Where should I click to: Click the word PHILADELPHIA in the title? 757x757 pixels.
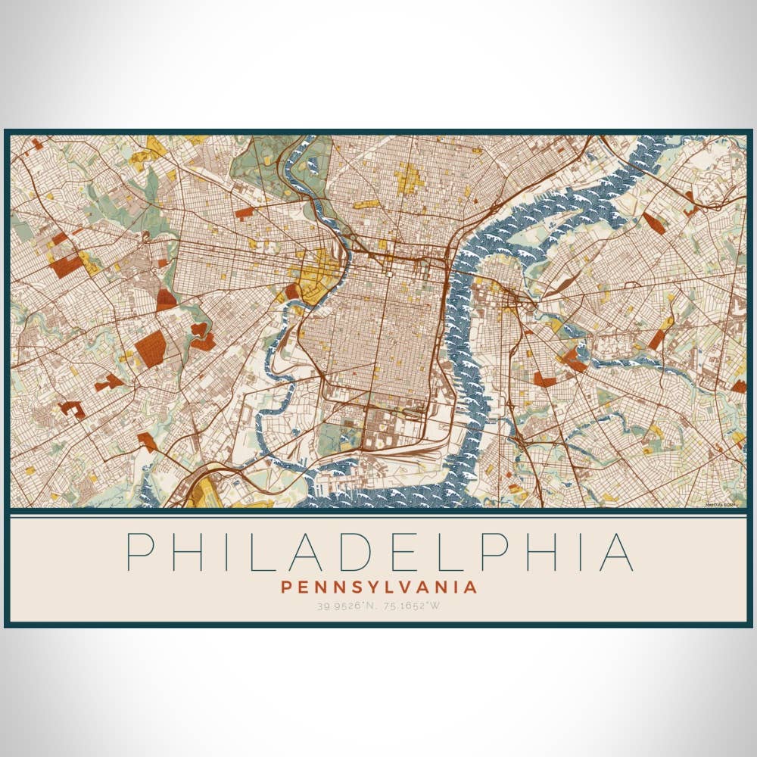point(378,552)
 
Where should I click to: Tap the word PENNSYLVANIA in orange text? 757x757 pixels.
point(378,587)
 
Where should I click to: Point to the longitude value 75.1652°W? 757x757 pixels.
point(413,605)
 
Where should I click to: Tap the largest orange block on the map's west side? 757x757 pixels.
point(150,349)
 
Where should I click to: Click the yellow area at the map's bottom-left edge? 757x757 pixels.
point(201,492)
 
